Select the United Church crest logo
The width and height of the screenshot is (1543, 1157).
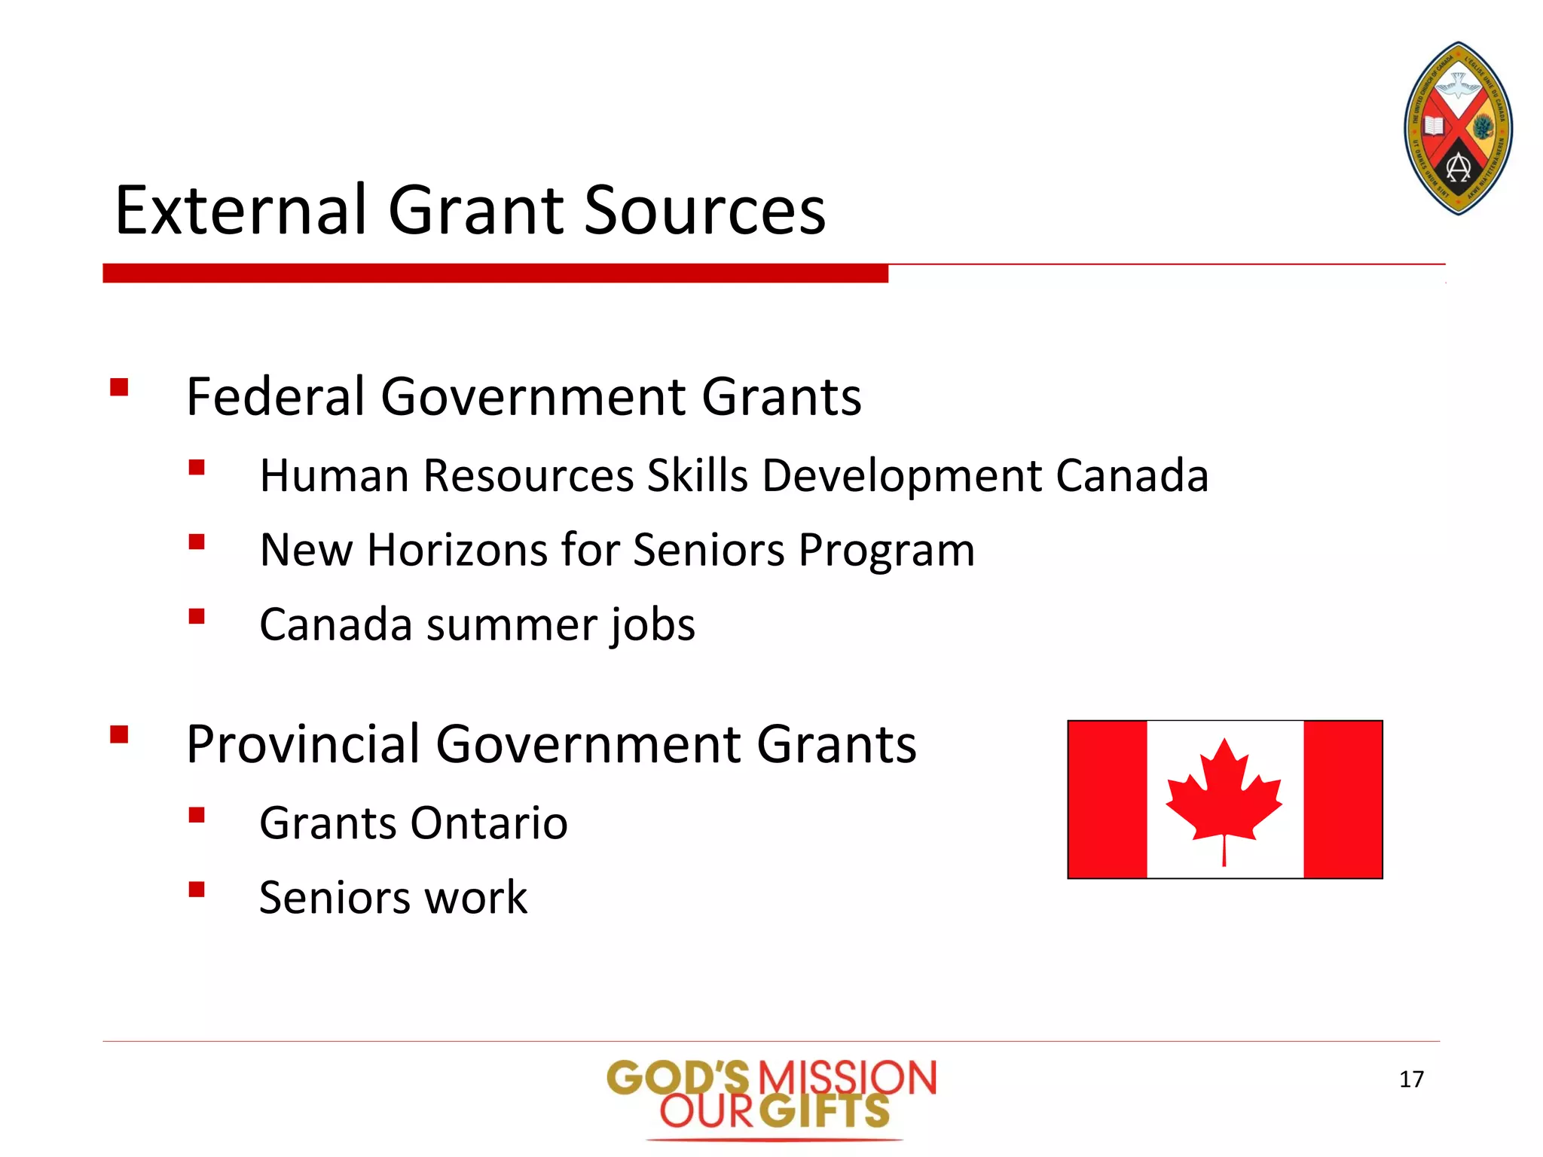pyautogui.click(x=1459, y=129)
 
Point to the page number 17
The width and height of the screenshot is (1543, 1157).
pyautogui.click(x=1411, y=1079)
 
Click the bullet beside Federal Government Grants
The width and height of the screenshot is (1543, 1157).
pyautogui.click(x=119, y=387)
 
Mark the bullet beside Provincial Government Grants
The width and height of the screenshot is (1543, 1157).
pyautogui.click(x=119, y=734)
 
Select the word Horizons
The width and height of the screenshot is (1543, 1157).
pyautogui.click(x=457, y=549)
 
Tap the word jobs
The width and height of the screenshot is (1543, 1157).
pyautogui.click(x=652, y=625)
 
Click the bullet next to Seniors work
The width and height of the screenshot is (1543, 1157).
pyautogui.click(x=197, y=890)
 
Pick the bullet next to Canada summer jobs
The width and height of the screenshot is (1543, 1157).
pyautogui.click(x=197, y=617)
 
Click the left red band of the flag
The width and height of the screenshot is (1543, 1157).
pyautogui.click(x=1108, y=799)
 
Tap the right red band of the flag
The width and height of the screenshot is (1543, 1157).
pyautogui.click(x=1343, y=799)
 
